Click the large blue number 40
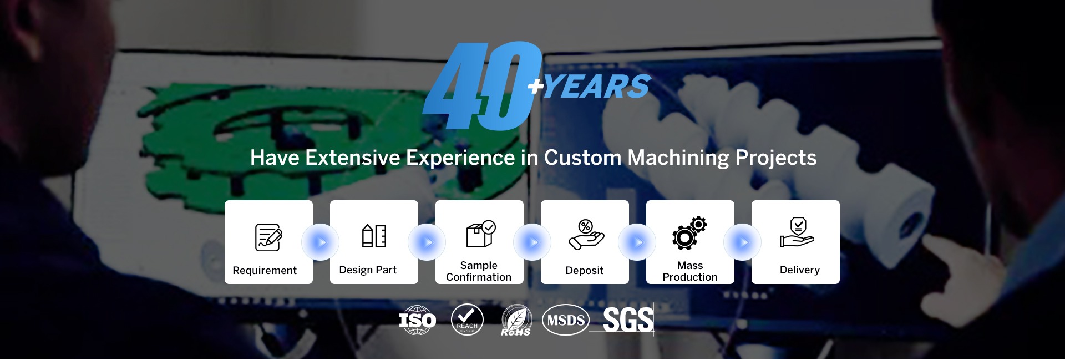[481, 86]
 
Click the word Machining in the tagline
[678, 158]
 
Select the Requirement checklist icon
[268, 237]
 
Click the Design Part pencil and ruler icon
[374, 236]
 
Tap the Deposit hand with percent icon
[586, 235]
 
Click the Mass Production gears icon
[689, 232]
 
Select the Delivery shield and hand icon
[797, 232]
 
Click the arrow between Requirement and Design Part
[321, 242]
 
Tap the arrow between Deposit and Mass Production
[637, 242]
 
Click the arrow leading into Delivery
[743, 242]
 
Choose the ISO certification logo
[418, 320]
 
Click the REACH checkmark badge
[467, 320]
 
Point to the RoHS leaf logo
[516, 321]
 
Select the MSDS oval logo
[566, 320]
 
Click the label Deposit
[585, 270]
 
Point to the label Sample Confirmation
[479, 271]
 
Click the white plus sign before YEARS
[535, 86]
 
